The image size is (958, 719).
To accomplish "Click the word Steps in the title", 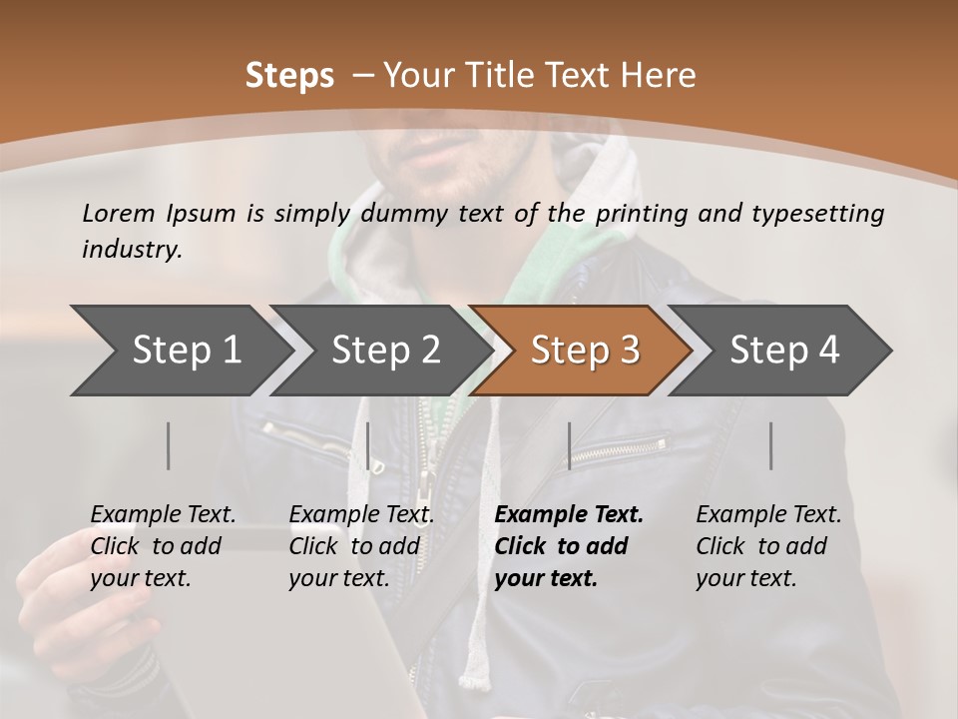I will coord(289,75).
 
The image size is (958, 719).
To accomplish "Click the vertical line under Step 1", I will coord(169,445).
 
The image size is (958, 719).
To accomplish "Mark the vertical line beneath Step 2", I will coord(368,445).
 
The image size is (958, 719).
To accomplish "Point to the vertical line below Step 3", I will coord(569,445).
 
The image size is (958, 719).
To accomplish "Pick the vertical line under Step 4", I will coord(770,445).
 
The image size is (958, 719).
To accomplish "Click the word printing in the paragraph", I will coord(644,213).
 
